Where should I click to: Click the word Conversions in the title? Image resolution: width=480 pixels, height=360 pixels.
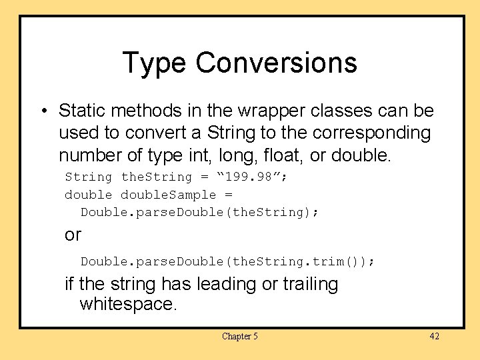tap(276, 63)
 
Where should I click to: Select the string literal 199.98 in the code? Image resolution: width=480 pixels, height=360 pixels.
tap(257, 177)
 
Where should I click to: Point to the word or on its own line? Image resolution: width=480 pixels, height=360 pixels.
tap(73, 235)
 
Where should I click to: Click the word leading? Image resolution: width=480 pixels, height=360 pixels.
tap(224, 284)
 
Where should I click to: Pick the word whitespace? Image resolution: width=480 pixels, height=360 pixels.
tap(128, 305)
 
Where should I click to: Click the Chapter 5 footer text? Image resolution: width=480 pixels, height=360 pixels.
tap(240, 336)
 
